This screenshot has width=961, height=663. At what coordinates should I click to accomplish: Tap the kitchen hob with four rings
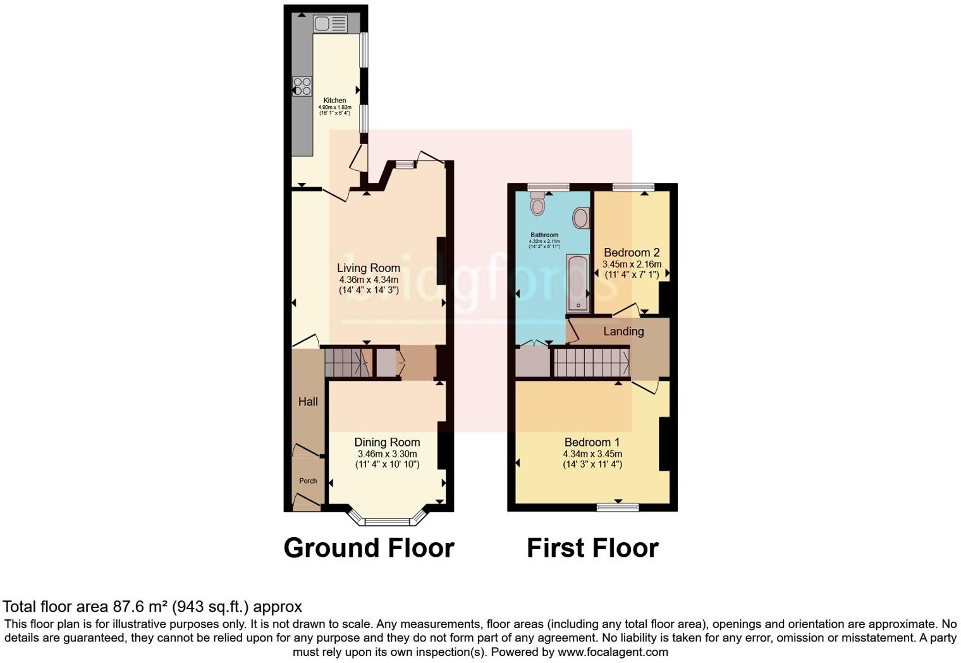[x=302, y=86]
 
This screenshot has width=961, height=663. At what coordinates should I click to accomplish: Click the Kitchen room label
[x=334, y=101]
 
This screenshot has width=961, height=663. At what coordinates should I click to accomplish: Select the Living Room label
[x=369, y=268]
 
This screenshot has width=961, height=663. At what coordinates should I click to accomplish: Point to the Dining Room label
[x=387, y=442]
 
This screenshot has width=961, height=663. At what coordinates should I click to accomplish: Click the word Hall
[x=308, y=402]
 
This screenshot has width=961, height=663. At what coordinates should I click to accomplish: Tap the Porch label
[x=308, y=481]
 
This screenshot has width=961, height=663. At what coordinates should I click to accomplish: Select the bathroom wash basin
[x=580, y=218]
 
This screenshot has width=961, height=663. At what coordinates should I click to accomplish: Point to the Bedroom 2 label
[x=632, y=252]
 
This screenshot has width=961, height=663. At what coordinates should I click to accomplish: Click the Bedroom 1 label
[x=592, y=442]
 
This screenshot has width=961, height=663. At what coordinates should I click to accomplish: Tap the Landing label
[x=623, y=331]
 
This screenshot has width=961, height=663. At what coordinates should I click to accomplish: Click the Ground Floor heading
[x=369, y=548]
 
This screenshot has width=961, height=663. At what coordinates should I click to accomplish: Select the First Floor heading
[x=592, y=548]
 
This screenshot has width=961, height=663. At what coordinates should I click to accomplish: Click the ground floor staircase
[x=346, y=362]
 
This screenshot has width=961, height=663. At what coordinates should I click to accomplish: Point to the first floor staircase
[x=591, y=362]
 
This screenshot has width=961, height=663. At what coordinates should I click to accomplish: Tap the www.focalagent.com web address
[x=613, y=652]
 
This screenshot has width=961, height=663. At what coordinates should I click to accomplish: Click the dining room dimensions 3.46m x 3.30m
[x=387, y=454]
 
